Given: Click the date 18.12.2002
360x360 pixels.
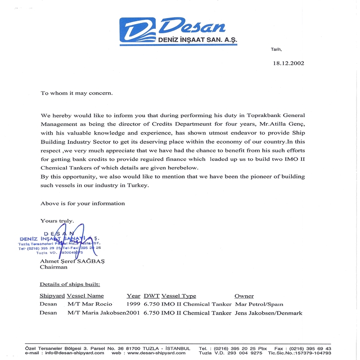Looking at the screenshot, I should pos(288,63).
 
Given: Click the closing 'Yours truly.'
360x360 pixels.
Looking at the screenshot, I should pos(57,220).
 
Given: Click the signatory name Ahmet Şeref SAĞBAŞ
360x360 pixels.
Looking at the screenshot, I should pos(72,261).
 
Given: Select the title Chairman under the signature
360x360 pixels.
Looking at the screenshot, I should pos(54,267).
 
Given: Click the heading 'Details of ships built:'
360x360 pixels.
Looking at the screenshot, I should pos(70,284).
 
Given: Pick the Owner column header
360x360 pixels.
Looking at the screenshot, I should pos(244,296).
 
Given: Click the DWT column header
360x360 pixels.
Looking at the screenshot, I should pos(151,296).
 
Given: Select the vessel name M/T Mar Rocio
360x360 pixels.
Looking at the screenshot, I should pos(90,304).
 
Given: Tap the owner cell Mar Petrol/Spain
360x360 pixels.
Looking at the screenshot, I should pos(259,304).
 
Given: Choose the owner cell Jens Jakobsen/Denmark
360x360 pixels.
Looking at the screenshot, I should pos(269,313).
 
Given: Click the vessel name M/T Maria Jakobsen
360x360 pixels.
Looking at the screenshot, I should pos(96,313).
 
